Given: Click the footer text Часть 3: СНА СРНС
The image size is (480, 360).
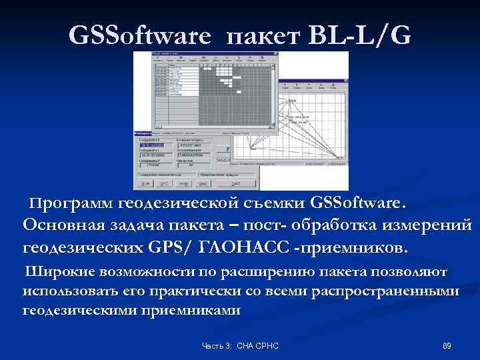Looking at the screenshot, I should [x=240, y=345].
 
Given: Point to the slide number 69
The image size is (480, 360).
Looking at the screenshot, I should [x=447, y=345].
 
